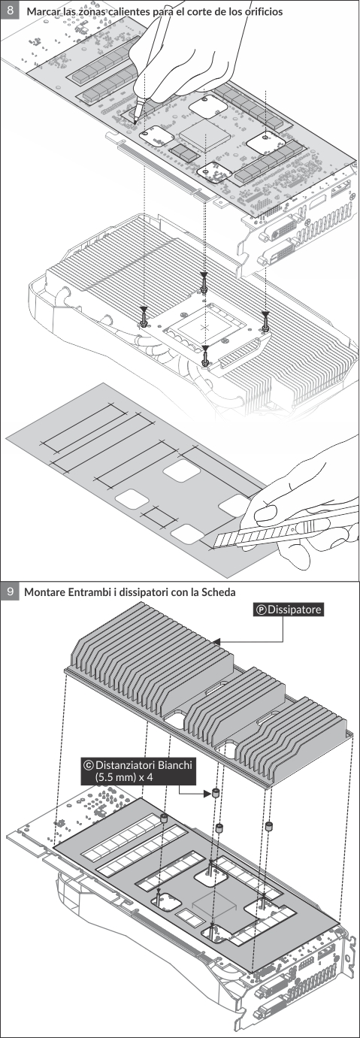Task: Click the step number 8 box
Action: pyautogui.click(x=10, y=10)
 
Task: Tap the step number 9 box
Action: pyautogui.click(x=10, y=592)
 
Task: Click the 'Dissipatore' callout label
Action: pyautogui.click(x=289, y=610)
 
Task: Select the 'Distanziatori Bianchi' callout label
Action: pyautogui.click(x=137, y=764)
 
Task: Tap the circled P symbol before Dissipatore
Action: pyautogui.click(x=262, y=610)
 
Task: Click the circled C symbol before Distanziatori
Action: pyautogui.click(x=88, y=764)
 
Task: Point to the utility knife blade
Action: pyautogui.click(x=251, y=534)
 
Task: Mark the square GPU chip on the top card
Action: pyautogui.click(x=205, y=134)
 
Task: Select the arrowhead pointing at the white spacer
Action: pyautogui.click(x=207, y=794)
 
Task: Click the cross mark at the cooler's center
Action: pyautogui.click(x=206, y=327)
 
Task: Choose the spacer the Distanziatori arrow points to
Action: pyautogui.click(x=216, y=793)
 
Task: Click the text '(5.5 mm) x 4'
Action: pyautogui.click(x=124, y=777)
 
